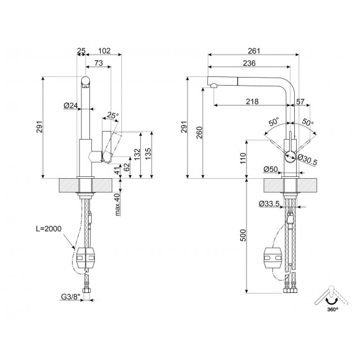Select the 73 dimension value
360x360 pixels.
(98, 64)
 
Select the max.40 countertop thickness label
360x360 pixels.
(117, 205)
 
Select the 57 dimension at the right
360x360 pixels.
(301, 101)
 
